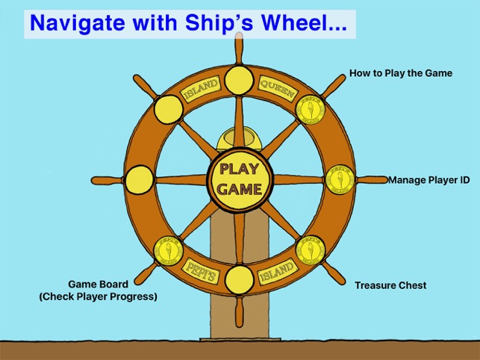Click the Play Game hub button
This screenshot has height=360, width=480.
(240, 179)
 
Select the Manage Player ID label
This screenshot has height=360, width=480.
(428, 180)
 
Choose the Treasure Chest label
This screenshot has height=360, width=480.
(390, 285)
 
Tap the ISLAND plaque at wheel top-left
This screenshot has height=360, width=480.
(200, 90)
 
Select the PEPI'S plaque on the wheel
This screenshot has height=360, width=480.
(202, 270)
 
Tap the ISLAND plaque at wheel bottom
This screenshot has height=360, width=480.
(277, 271)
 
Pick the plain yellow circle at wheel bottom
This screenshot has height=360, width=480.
(240, 279)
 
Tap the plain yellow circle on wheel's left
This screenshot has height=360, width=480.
(140, 179)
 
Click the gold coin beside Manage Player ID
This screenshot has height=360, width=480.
(339, 179)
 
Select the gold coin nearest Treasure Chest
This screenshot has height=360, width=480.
(309, 251)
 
